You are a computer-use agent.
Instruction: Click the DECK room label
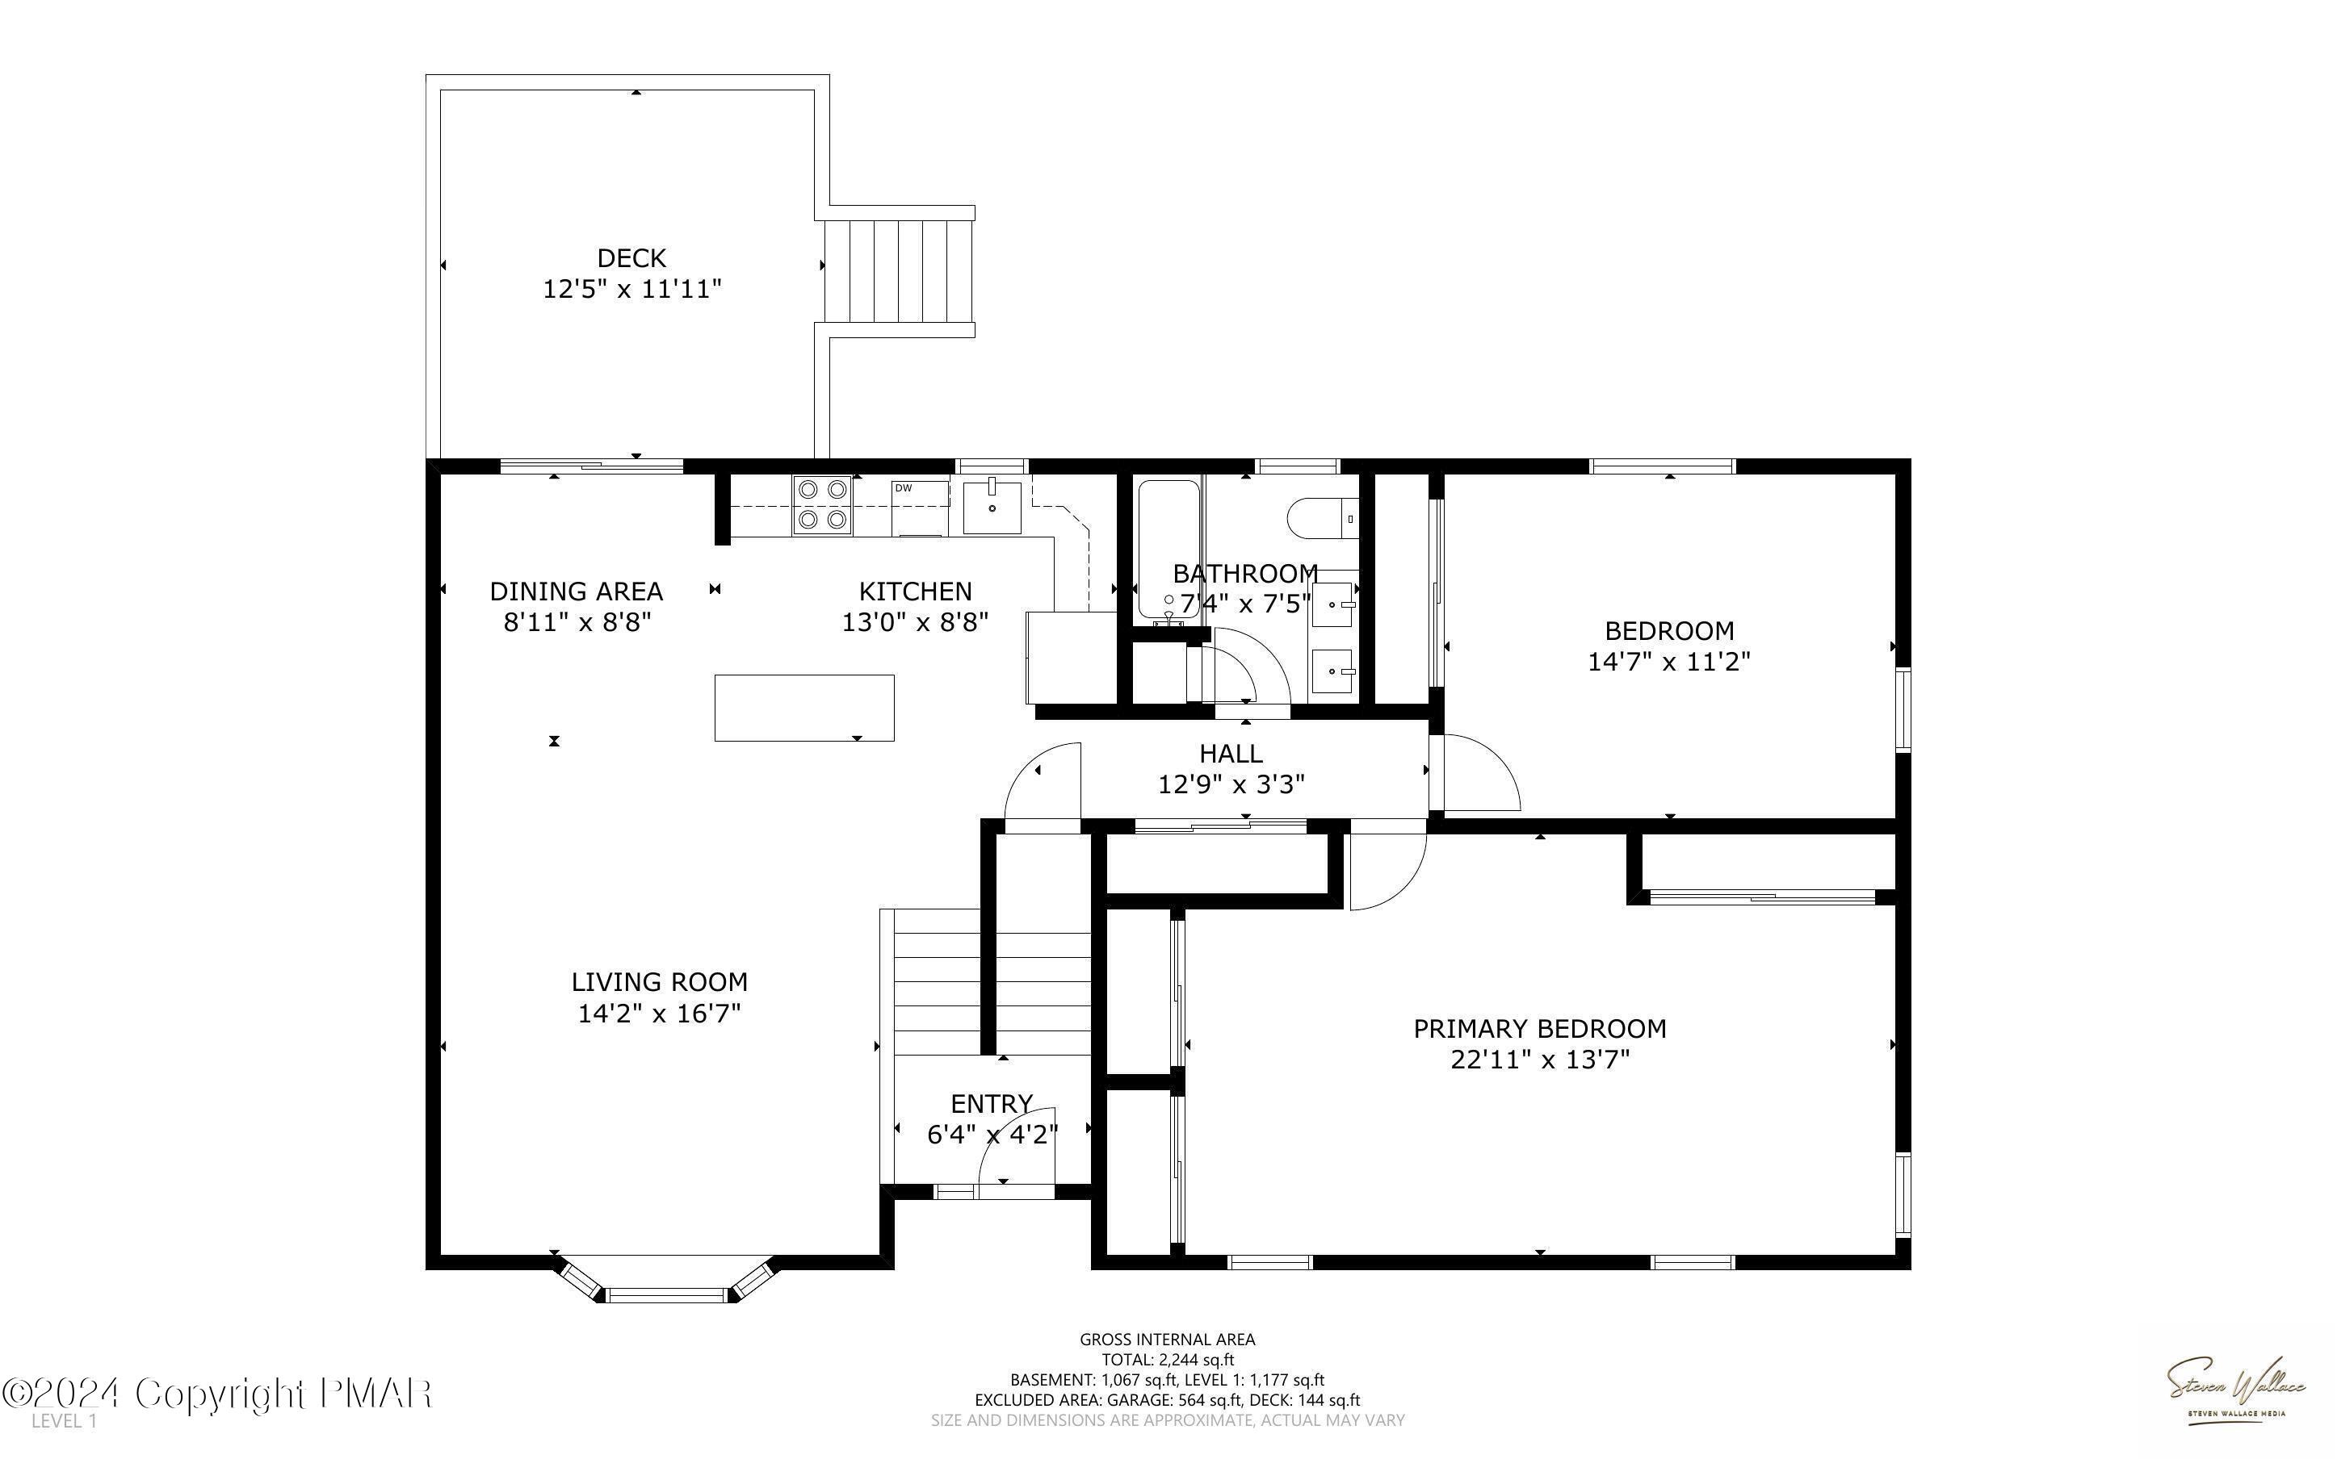point(631,257)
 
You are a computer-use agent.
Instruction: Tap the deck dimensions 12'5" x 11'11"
point(631,289)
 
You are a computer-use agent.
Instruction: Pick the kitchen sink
point(992,507)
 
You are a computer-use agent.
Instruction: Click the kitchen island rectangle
point(804,707)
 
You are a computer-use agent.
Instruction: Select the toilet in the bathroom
point(1323,518)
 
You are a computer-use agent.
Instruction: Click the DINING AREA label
point(577,591)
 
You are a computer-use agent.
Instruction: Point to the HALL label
point(1231,753)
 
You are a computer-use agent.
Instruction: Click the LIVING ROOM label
point(659,981)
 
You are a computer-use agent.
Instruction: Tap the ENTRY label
point(992,1103)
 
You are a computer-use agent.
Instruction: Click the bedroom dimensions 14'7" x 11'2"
point(1669,661)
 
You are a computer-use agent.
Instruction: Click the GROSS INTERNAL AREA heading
point(1167,1340)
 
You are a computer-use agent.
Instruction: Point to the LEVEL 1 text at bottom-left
point(64,1421)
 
